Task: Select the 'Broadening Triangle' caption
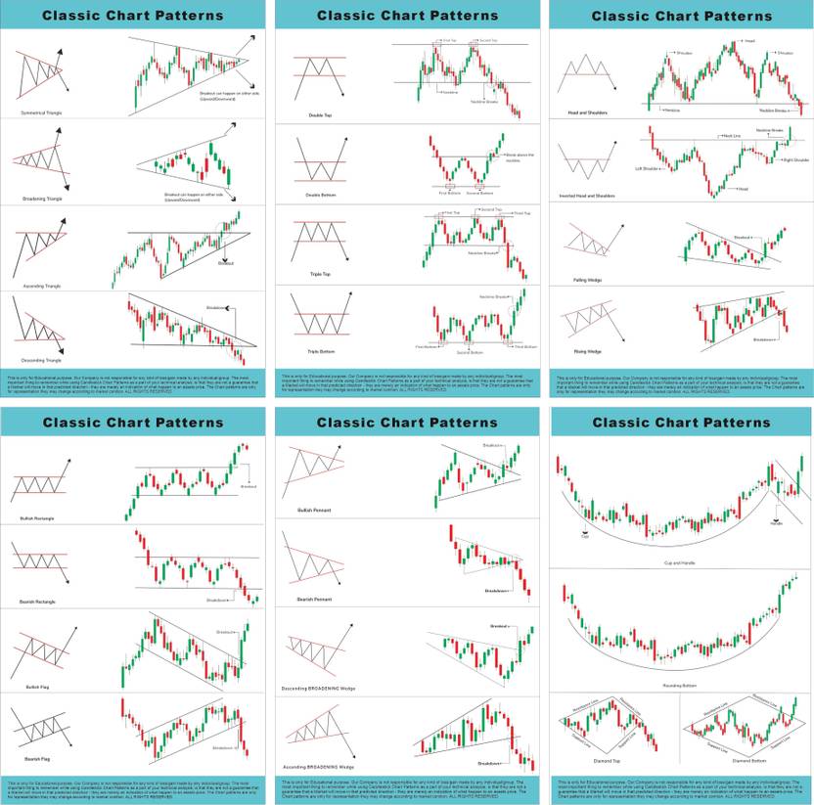coord(40,199)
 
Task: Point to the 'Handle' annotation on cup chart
coord(776,522)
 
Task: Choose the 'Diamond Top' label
coord(608,759)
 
